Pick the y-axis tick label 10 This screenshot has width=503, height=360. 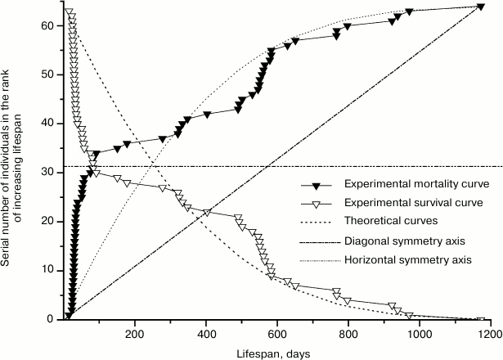49,271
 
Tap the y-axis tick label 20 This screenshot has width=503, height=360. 49,222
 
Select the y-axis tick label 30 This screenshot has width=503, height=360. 49,173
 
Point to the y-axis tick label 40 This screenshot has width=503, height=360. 49,124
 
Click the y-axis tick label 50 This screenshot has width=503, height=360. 49,74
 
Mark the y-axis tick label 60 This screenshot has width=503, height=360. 49,25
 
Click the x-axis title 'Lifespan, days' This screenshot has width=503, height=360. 277,352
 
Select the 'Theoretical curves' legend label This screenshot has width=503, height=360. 388,221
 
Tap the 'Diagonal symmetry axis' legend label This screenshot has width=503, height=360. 401,241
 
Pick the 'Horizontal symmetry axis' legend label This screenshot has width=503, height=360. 403,260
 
